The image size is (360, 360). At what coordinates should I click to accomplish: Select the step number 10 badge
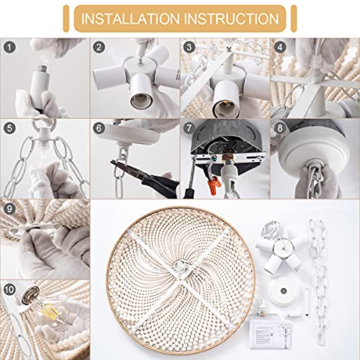pos(9,293)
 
